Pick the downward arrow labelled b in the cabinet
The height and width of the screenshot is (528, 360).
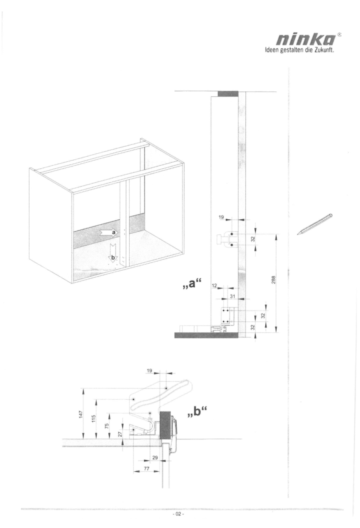[113, 253]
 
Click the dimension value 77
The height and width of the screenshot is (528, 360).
[146, 468]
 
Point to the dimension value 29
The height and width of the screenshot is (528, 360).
[155, 458]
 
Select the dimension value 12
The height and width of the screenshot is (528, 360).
[214, 286]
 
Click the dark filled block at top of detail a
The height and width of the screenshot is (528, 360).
[228, 94]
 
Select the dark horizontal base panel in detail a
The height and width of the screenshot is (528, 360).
[206, 335]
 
